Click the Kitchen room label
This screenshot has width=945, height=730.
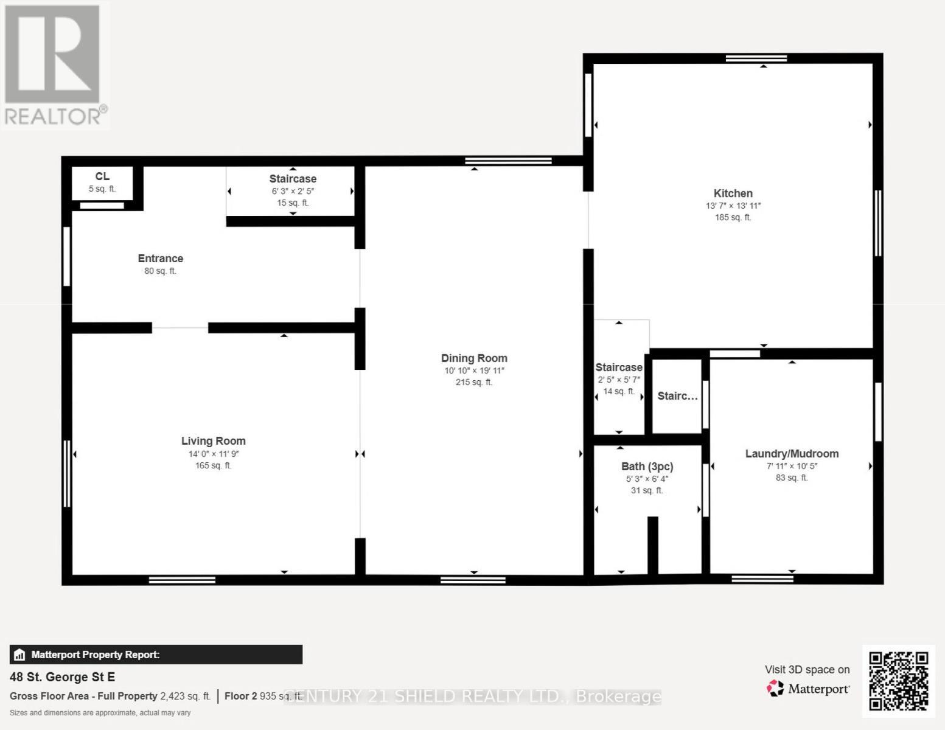click(x=733, y=193)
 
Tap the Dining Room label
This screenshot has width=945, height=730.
click(x=474, y=358)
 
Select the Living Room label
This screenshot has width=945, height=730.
click(x=214, y=441)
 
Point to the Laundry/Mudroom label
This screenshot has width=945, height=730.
click(x=792, y=454)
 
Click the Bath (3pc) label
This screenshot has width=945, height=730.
click(x=647, y=467)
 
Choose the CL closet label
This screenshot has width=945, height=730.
click(x=102, y=176)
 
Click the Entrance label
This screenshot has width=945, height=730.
click(x=161, y=259)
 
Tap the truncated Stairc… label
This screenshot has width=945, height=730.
click(x=677, y=396)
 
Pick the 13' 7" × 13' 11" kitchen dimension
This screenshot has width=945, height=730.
click(x=733, y=206)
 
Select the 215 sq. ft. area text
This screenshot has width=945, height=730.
click(x=474, y=383)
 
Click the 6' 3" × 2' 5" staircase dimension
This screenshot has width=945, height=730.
click(x=293, y=191)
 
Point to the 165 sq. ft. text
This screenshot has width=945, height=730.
click(x=214, y=466)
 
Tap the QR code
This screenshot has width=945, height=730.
click(x=898, y=681)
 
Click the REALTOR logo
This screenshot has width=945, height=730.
click(x=54, y=64)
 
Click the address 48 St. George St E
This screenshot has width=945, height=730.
click(x=62, y=677)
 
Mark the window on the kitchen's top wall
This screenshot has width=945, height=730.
click(x=756, y=58)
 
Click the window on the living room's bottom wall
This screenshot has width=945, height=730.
click(x=182, y=580)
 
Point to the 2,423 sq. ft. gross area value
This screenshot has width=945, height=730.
click(x=185, y=696)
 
